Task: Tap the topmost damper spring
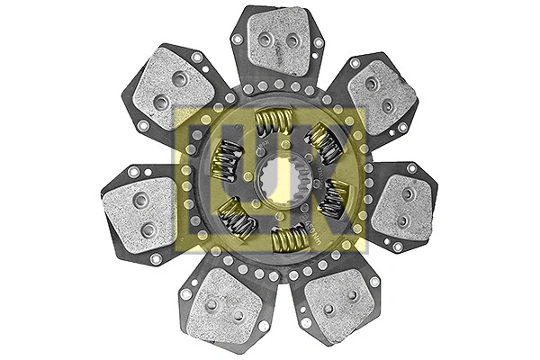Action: (x=273, y=121)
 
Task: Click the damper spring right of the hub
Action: (x=334, y=198)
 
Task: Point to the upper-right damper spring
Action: (x=323, y=142)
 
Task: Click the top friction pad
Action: (x=278, y=41)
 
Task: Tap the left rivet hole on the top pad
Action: (x=265, y=40)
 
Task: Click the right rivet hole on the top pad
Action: (x=292, y=40)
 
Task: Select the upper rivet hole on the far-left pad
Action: (x=140, y=200)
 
